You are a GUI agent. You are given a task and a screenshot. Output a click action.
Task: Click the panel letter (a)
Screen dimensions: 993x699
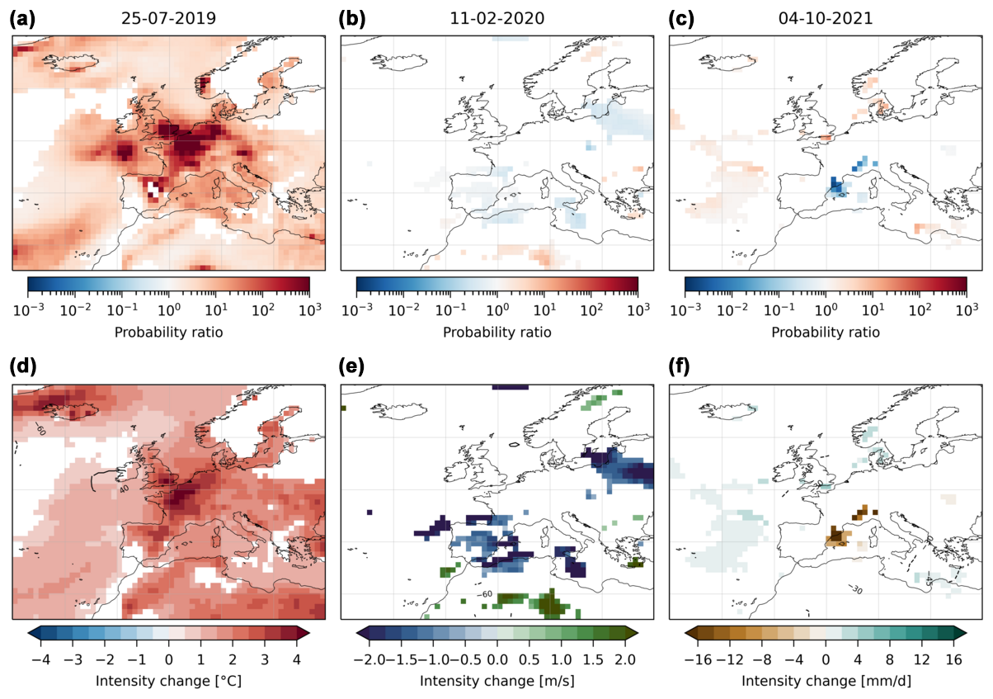click(22, 19)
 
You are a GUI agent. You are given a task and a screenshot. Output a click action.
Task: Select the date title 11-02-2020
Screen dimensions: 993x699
click(497, 19)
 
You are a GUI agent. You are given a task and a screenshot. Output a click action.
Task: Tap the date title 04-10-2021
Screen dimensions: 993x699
click(826, 19)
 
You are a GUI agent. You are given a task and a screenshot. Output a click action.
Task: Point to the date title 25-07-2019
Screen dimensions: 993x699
click(168, 19)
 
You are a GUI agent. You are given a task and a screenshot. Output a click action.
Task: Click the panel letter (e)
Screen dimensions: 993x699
click(351, 367)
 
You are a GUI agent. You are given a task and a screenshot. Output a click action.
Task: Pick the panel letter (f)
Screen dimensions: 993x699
click(679, 367)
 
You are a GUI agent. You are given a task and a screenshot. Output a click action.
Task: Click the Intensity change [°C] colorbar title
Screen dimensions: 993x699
click(168, 681)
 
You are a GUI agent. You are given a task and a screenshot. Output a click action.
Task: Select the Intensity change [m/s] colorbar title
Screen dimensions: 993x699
click(497, 681)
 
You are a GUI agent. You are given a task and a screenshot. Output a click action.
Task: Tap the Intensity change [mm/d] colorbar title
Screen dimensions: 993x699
click(826, 681)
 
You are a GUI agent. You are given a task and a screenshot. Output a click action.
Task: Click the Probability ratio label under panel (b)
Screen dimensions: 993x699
click(497, 333)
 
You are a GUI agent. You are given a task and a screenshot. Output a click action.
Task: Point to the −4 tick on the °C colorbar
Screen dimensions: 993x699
click(40, 659)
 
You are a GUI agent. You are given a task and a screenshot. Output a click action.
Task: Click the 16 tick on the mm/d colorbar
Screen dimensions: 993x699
click(953, 659)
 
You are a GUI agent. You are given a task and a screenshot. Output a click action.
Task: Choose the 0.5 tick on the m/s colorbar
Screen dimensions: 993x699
click(529, 659)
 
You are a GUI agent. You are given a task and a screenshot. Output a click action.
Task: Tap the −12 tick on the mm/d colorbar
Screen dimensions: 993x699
click(730, 659)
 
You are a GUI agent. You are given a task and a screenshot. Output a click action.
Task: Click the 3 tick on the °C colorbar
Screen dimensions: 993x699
click(265, 659)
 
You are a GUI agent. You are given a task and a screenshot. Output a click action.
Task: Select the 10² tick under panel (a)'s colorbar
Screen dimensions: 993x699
click(262, 309)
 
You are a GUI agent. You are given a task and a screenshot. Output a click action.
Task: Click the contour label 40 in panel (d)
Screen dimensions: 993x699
click(124, 489)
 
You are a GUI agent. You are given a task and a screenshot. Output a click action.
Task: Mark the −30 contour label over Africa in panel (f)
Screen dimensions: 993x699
click(855, 589)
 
